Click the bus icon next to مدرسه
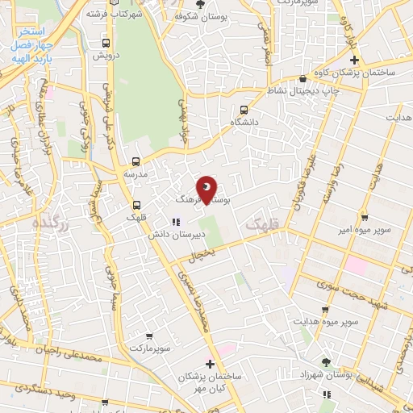136,161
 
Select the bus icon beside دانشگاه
244,111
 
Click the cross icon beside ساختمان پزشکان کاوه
354,61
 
